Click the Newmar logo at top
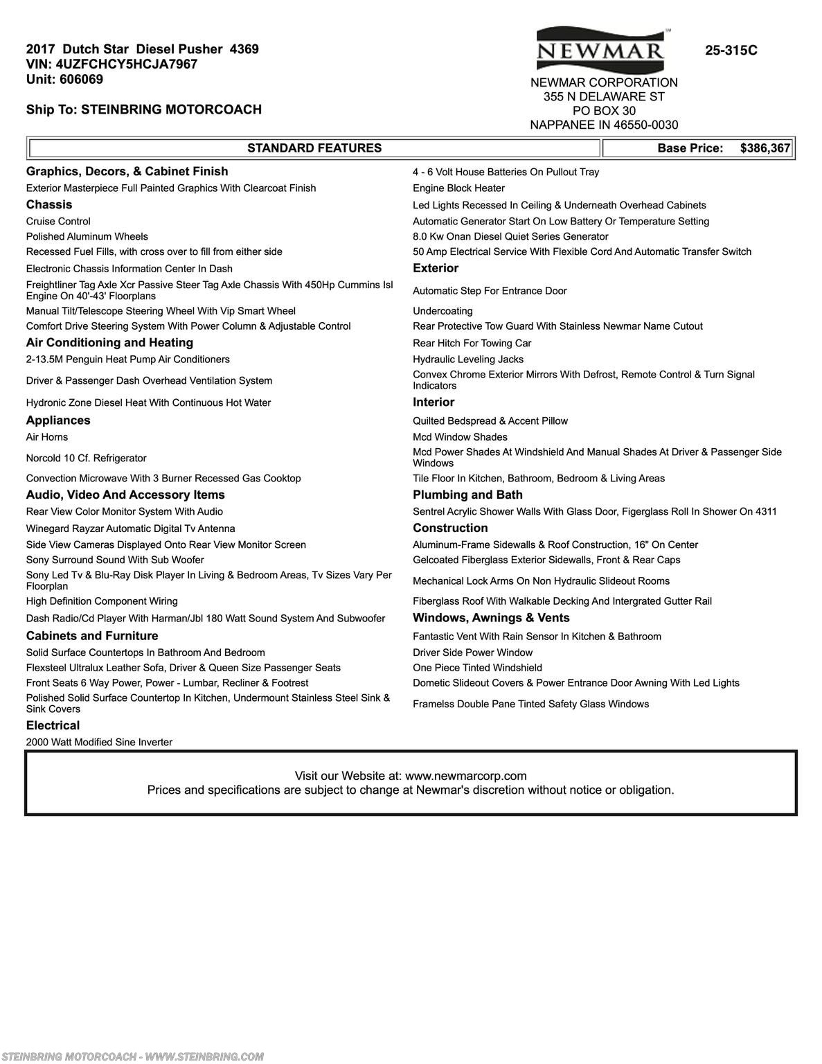tap(600, 47)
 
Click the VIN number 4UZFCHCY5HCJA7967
tap(127, 64)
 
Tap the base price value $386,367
tap(765, 148)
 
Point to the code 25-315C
tap(731, 51)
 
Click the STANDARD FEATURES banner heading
tap(314, 148)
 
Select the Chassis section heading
tap(49, 205)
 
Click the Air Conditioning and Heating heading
tap(109, 343)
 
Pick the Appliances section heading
tap(58, 420)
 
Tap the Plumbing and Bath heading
tap(467, 495)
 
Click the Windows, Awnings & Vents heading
tap(491, 618)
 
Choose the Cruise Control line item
tap(58, 222)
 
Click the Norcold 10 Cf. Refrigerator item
tap(87, 458)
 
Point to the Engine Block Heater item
tap(458, 188)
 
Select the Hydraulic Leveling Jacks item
tap(468, 360)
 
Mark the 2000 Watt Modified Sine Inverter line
tap(99, 742)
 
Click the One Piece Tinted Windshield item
tap(477, 668)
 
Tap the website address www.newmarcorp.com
tap(465, 776)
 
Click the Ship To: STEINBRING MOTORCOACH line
tap(144, 109)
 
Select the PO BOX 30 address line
tap(604, 111)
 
